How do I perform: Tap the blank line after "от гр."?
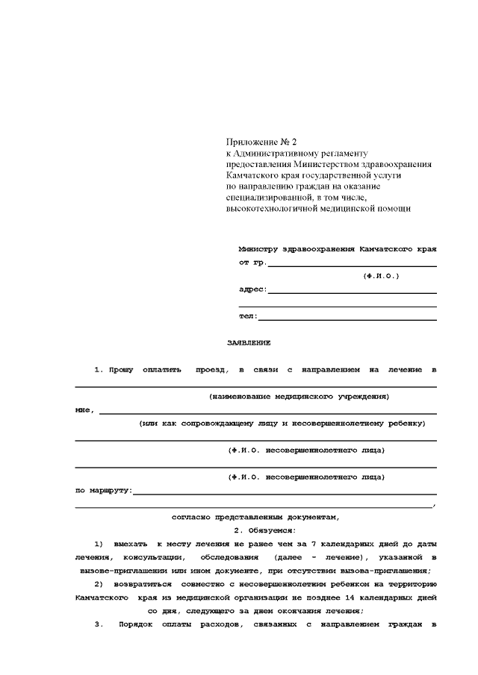click(352, 264)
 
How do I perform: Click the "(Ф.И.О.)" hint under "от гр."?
click(381, 276)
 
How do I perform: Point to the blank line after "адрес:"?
click(352, 291)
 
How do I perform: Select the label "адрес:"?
click(252, 289)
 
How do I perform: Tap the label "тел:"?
click(248, 316)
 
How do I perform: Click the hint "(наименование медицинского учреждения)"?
click(299, 397)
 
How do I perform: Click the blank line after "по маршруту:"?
click(285, 492)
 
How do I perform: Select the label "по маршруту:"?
click(104, 491)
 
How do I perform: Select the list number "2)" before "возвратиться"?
click(99, 584)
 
